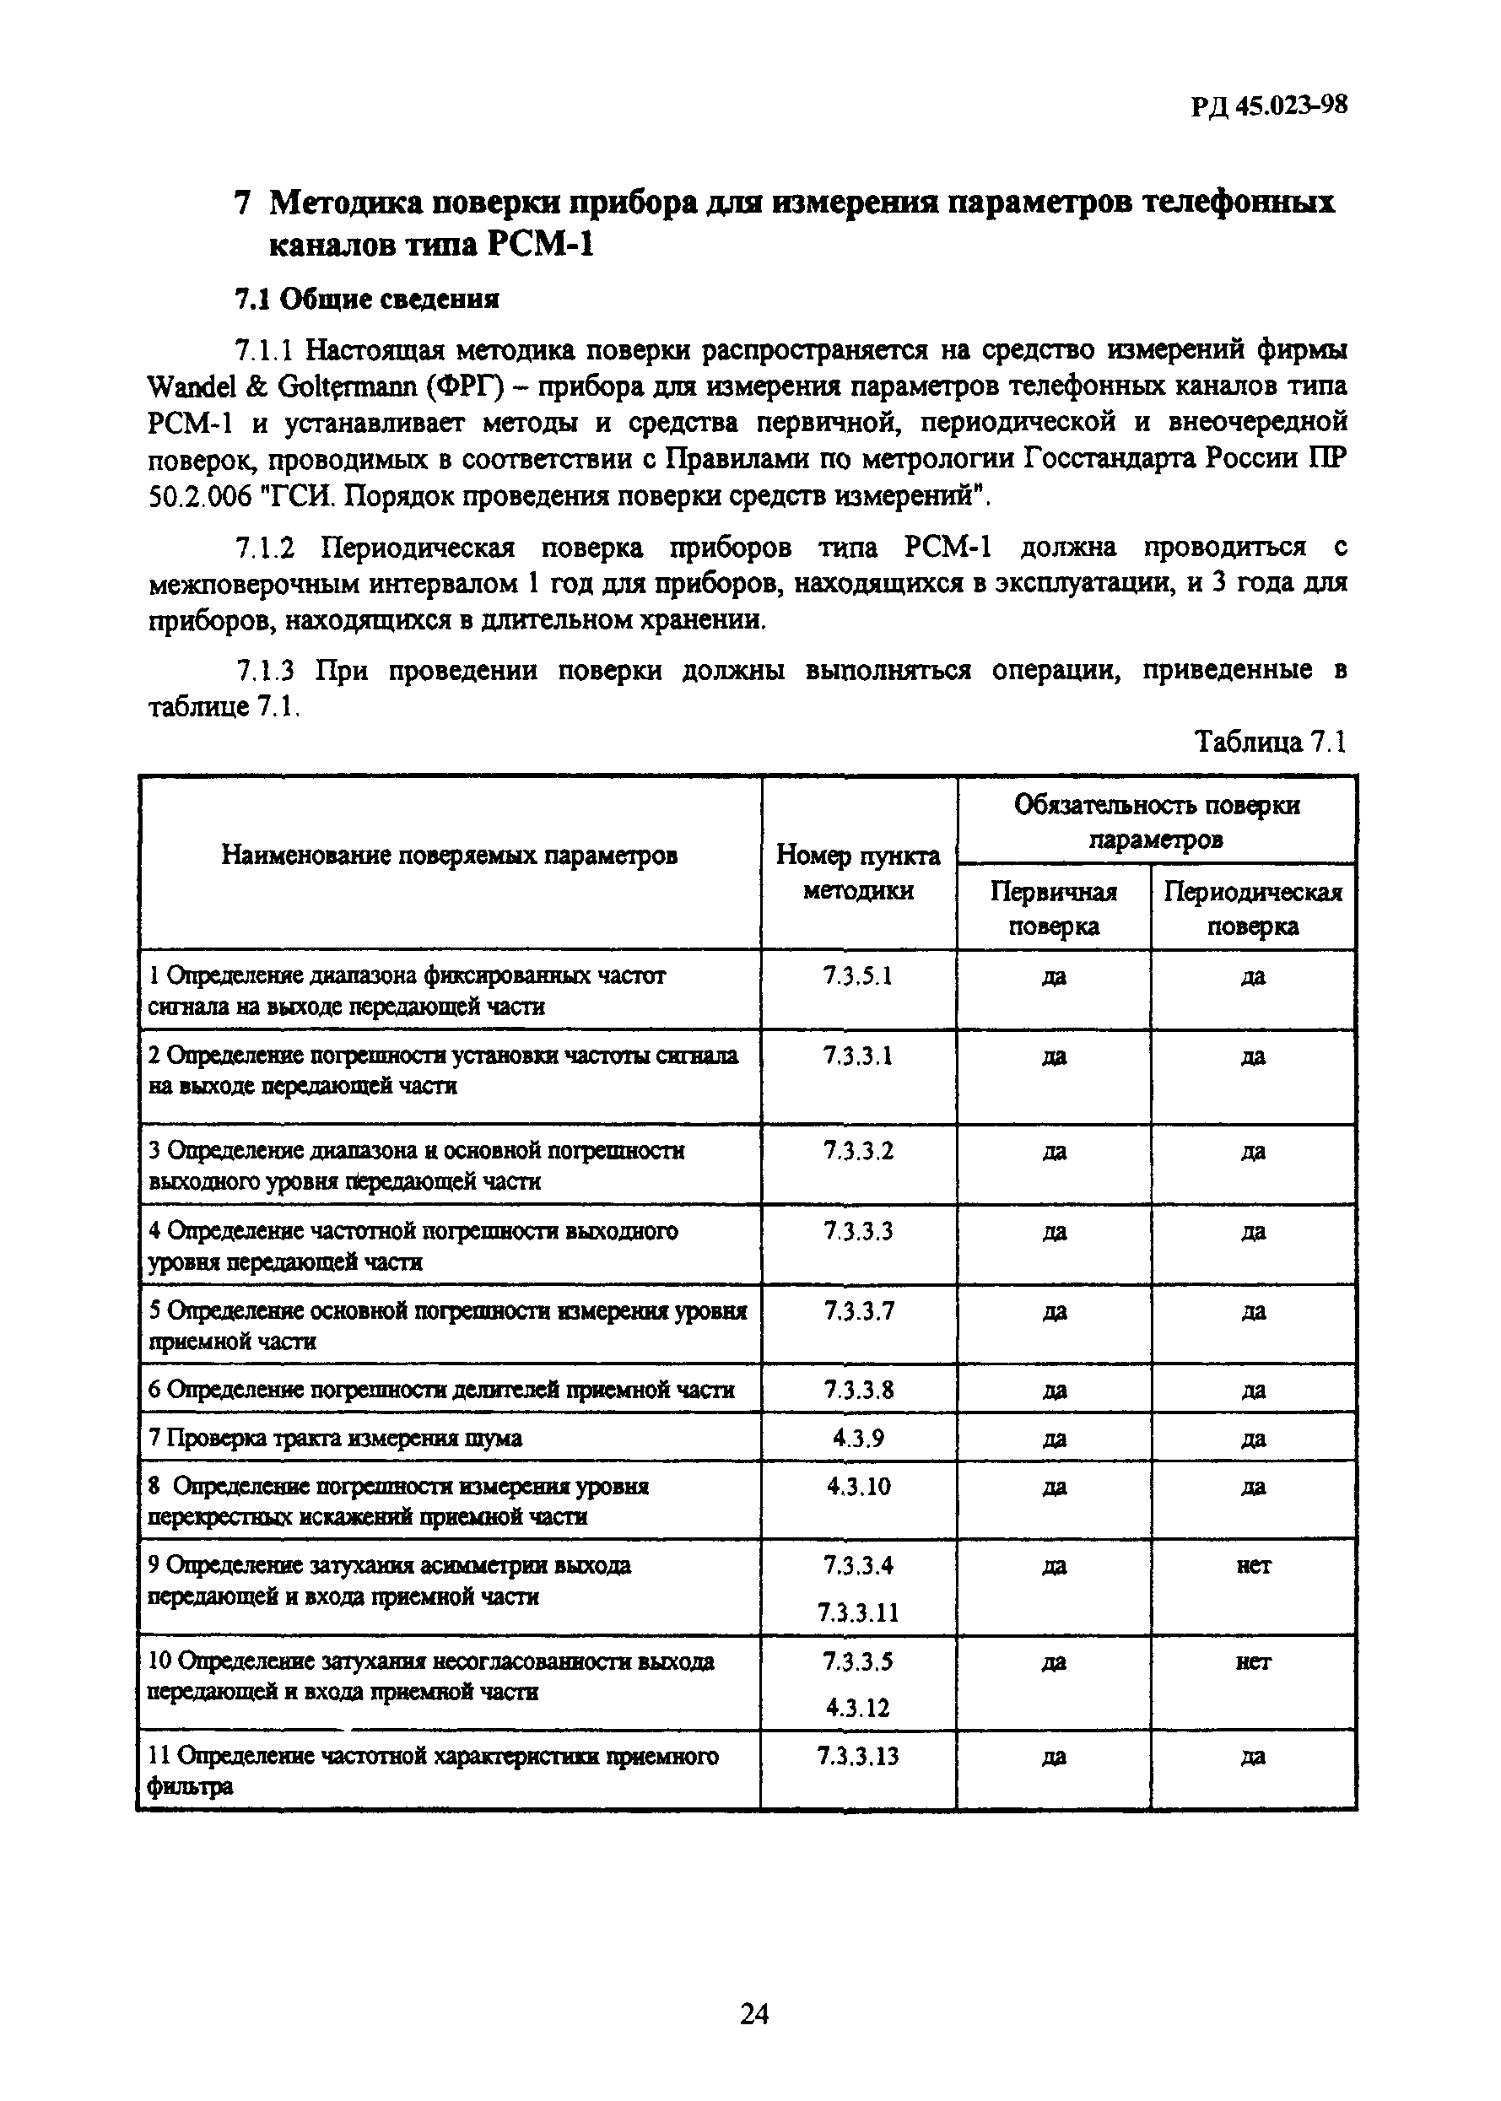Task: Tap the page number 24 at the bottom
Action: pyautogui.click(x=753, y=2013)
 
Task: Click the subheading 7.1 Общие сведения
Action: pyautogui.click(x=366, y=299)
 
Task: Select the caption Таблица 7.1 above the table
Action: pyautogui.click(x=1270, y=742)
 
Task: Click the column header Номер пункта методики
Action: pyautogui.click(x=858, y=872)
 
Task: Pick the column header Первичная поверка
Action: pyautogui.click(x=1053, y=908)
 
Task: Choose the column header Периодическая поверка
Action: pyautogui.click(x=1252, y=908)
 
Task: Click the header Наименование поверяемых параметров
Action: pyautogui.click(x=449, y=855)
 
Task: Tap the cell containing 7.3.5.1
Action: pyautogui.click(x=858, y=976)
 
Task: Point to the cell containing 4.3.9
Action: pyautogui.click(x=858, y=1437)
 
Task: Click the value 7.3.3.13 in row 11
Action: pyautogui.click(x=858, y=1755)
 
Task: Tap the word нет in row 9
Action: pyautogui.click(x=1252, y=1565)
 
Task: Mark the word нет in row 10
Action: pyautogui.click(x=1252, y=1661)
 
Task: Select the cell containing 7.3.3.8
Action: pyautogui.click(x=858, y=1389)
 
